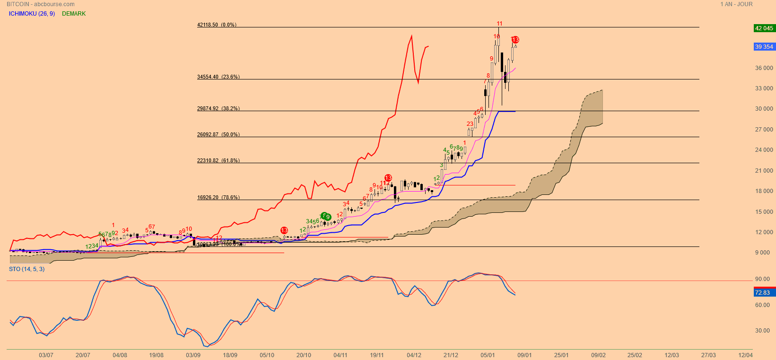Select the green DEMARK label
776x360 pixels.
[x=74, y=14]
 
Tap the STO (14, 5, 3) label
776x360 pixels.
[x=26, y=269]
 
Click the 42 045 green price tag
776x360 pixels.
[x=764, y=28]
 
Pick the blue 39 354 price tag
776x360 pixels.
[x=764, y=46]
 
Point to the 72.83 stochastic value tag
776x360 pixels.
[x=762, y=293]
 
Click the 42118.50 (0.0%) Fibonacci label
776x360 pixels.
[x=217, y=25]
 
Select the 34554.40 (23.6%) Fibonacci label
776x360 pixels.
[x=218, y=77]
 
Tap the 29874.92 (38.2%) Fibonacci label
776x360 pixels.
[x=218, y=108]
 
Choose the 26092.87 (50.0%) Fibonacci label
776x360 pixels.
[x=218, y=134]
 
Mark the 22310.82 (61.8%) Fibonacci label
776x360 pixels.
[x=218, y=160]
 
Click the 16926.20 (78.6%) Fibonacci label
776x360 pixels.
[x=218, y=197]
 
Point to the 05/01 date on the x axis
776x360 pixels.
[x=488, y=355]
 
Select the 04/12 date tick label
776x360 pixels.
[x=414, y=355]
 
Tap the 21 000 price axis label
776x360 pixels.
[x=764, y=171]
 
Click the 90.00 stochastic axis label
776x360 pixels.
[x=762, y=279]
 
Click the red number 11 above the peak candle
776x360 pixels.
[x=499, y=24]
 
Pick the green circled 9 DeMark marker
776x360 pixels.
[x=327, y=217]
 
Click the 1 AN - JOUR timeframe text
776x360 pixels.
[x=736, y=4]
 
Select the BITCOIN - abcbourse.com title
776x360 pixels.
[x=40, y=4]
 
